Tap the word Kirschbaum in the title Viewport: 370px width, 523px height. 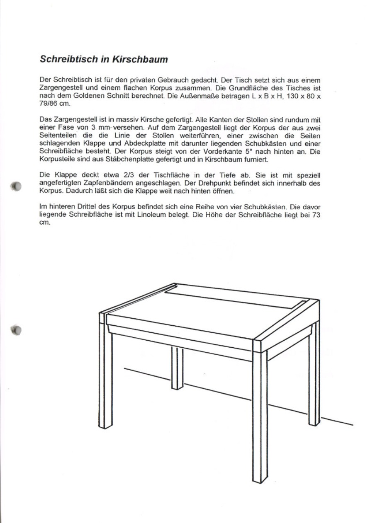pos(142,59)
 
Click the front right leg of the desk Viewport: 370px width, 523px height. pos(260,414)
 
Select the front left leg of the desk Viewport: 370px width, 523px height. pos(106,373)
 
